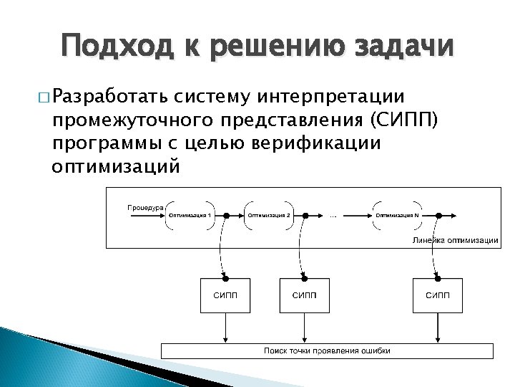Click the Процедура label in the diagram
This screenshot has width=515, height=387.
[145, 206]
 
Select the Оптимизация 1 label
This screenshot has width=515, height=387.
[190, 215]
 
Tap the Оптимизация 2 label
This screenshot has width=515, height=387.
[269, 215]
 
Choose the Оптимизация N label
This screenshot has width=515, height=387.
[398, 215]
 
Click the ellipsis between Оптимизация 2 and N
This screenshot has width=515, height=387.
[334, 215]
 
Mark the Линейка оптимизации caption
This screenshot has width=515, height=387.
[455, 240]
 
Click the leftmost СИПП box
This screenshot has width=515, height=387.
[225, 295]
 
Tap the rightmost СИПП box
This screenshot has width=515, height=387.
[438, 295]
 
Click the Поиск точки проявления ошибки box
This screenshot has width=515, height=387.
[327, 350]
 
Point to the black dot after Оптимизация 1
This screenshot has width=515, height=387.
[227, 215]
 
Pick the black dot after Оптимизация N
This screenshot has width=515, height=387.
[436, 215]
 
